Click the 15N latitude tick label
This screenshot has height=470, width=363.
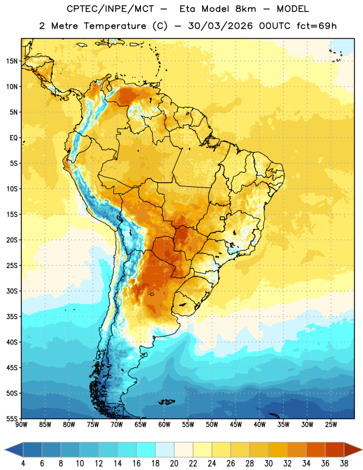12,61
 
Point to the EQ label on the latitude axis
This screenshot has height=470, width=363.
14,138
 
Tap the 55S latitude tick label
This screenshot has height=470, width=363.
12,418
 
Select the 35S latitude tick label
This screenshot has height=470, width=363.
12,317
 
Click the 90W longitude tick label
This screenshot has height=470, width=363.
21,424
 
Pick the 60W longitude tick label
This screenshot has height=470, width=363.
164,424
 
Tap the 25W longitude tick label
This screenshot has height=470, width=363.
331,424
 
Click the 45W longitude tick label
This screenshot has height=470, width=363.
236,424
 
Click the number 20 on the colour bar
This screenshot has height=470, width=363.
174,464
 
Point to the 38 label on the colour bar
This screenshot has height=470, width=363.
344,464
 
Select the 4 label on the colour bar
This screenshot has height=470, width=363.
23,464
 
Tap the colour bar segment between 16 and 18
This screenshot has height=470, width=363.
146,449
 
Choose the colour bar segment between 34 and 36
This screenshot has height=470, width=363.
316,449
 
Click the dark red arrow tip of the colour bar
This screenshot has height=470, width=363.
362,449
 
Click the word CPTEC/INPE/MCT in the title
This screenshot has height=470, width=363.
110,9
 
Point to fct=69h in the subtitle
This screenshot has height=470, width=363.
317,26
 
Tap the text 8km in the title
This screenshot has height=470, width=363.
246,9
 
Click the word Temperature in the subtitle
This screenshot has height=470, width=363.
115,26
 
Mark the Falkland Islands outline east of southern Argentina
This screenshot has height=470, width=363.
166,402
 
